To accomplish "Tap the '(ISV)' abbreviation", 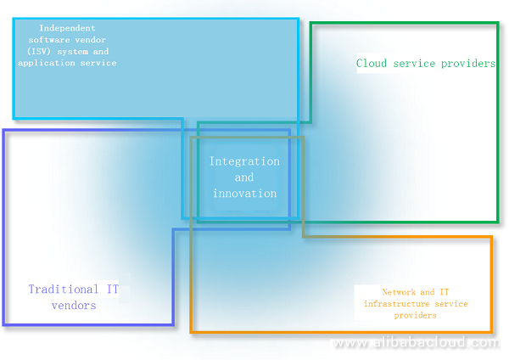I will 46,51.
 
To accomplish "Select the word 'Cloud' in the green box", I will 372,64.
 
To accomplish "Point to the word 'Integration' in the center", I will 244,161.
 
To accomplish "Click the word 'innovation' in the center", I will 244,194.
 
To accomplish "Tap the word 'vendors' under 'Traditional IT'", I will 74,306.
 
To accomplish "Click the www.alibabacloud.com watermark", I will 416,343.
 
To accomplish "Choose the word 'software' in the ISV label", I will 52,40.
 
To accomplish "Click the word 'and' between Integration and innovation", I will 244,177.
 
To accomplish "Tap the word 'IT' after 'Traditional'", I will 113,290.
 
